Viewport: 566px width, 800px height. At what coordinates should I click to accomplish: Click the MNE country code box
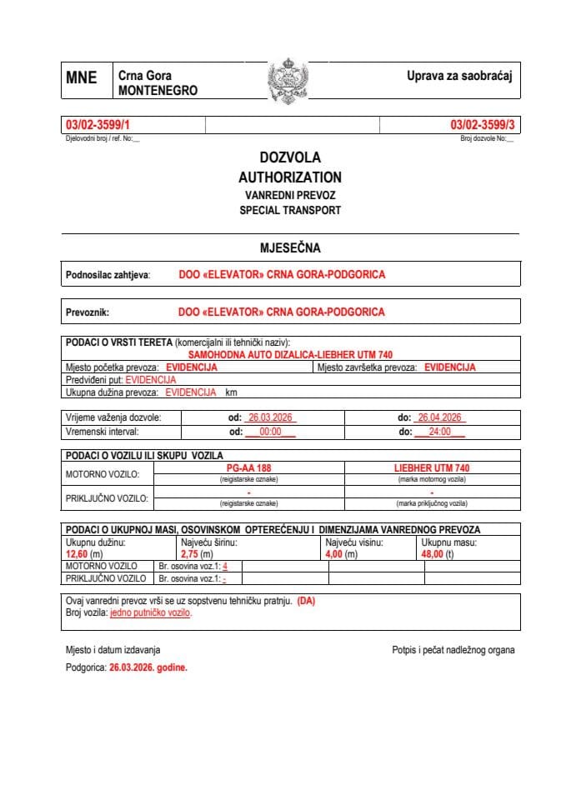(x=82, y=78)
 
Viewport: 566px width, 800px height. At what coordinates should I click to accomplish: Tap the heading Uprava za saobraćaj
(x=458, y=77)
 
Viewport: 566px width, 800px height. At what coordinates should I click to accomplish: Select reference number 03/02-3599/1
(x=98, y=125)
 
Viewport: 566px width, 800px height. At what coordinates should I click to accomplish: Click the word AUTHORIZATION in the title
(x=289, y=177)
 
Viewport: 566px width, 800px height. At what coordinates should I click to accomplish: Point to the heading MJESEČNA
(x=289, y=247)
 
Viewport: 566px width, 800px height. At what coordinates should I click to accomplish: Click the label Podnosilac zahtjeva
(x=108, y=274)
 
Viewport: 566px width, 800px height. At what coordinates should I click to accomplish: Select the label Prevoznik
(x=88, y=312)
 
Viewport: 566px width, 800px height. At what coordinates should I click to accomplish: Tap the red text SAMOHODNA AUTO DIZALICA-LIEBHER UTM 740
(x=289, y=354)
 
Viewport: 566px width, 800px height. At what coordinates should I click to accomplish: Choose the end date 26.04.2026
(x=439, y=417)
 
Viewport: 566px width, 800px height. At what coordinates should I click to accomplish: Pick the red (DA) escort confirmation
(x=306, y=601)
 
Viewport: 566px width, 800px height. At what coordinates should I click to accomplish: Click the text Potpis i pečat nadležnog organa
(x=453, y=649)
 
